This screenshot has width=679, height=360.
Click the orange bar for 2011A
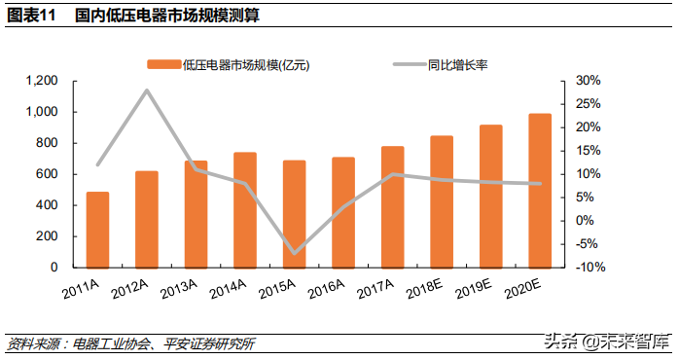[x=97, y=230]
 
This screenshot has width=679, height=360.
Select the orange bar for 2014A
[x=245, y=210]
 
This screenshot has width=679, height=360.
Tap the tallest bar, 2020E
[x=540, y=191]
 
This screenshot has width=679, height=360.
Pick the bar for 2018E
[x=442, y=201]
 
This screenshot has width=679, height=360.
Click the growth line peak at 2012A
[x=147, y=90]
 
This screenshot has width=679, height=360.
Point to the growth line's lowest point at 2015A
[x=295, y=253]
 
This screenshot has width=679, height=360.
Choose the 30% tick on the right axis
[x=589, y=81]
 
